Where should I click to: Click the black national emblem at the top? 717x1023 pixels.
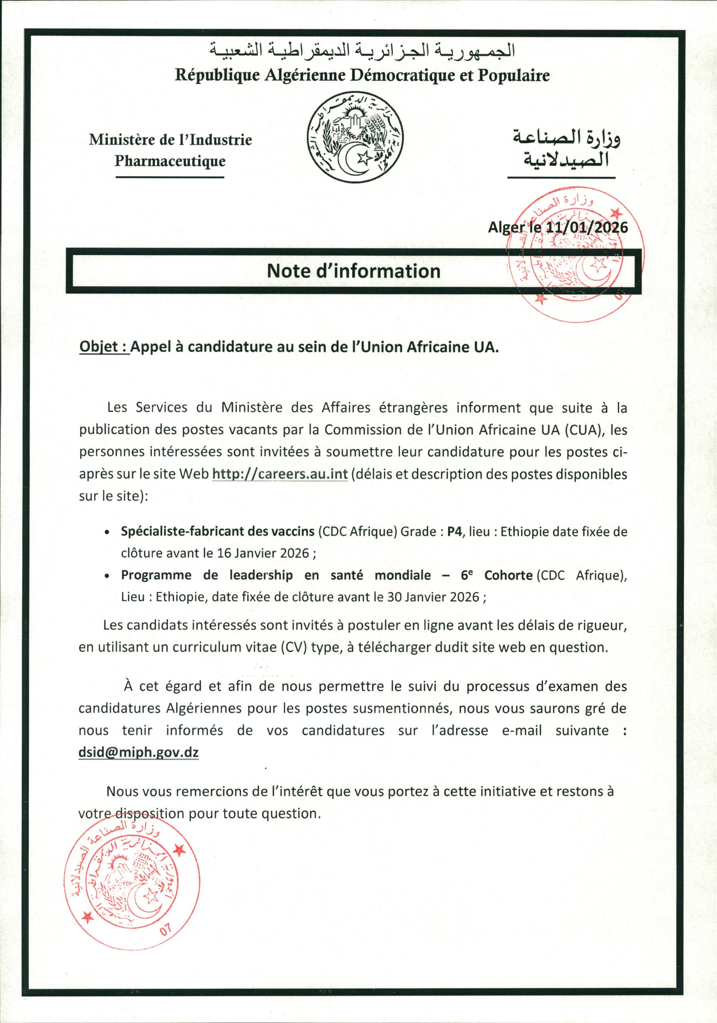(x=355, y=139)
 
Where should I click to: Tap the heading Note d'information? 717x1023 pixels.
(x=353, y=271)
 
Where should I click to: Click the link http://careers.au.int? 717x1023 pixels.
(x=280, y=474)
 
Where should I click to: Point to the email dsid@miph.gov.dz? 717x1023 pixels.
(x=139, y=752)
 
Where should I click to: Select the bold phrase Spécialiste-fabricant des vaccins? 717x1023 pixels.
(x=217, y=531)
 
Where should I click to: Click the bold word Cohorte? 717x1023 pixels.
(x=508, y=575)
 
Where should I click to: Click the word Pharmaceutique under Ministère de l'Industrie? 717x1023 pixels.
(x=170, y=161)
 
